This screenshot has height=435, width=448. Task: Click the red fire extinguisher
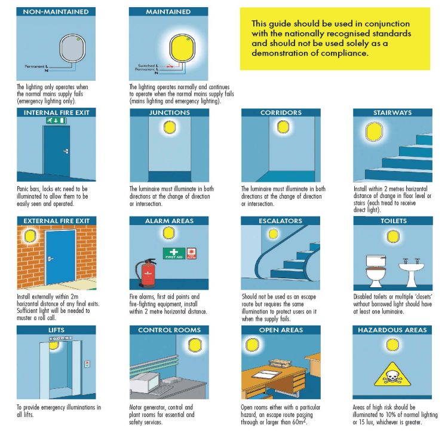point(144,273)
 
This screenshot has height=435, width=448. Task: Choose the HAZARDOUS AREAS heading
point(392,330)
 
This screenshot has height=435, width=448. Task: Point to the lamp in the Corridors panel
point(281,127)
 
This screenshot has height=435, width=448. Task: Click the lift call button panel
point(87,364)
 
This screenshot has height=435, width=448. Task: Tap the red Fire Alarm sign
point(192,253)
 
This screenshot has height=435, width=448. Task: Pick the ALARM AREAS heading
point(169,221)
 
